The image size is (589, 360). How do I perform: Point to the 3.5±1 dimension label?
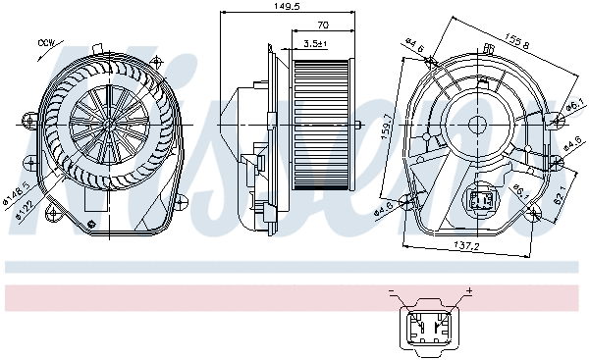(315, 44)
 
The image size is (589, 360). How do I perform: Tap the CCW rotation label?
(45, 43)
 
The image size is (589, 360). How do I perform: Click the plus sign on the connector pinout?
(468, 291)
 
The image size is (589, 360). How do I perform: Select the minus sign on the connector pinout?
(391, 291)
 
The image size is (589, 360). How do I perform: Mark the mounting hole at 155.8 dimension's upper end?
(433, 61)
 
